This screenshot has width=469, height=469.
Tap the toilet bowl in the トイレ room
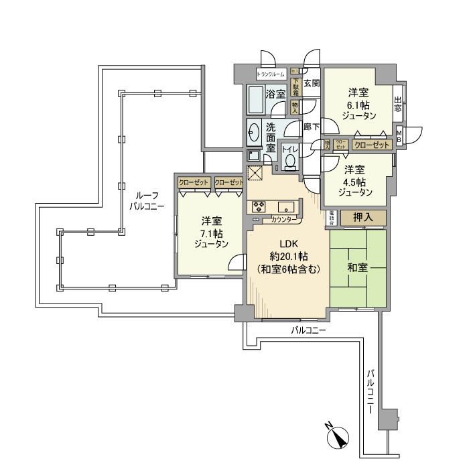pos(290,161)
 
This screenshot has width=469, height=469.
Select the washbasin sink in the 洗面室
pos(254,133)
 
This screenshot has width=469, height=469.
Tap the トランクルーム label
pos(271,74)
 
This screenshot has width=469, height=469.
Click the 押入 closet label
pos(362,217)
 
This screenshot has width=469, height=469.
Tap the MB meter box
pos(399,135)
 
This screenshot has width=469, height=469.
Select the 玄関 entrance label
pos(312,84)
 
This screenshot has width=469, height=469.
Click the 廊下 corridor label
pos(311,126)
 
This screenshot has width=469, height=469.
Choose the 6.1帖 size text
pos(358,105)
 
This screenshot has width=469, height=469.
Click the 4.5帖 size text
pos(354,182)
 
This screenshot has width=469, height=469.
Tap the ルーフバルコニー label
pos(146,198)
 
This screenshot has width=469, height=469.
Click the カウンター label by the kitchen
pos(285,220)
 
